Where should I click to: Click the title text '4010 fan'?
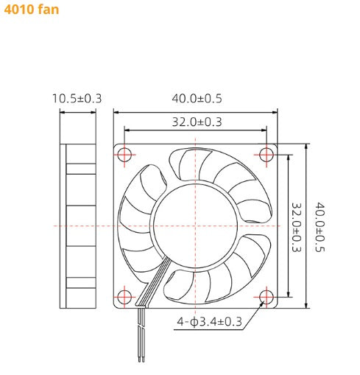(32, 10)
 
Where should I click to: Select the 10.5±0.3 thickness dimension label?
(77, 98)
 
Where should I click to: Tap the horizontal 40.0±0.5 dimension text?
(197, 98)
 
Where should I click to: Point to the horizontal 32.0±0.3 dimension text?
(197, 122)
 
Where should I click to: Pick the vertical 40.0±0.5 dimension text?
(320, 227)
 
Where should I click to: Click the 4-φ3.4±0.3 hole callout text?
(209, 321)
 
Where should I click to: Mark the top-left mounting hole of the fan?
(124, 154)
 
